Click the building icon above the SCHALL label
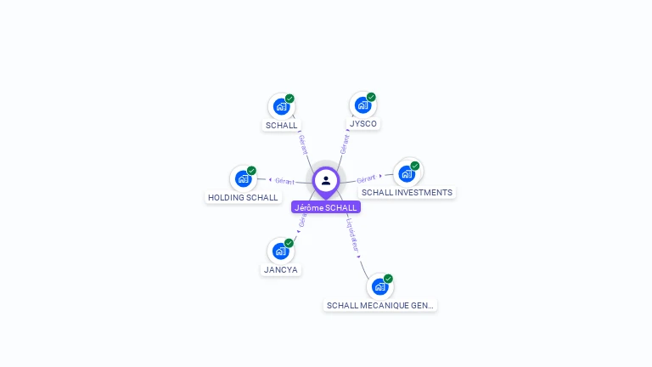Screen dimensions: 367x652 [x=280, y=106]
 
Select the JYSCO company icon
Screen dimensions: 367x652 [x=363, y=105]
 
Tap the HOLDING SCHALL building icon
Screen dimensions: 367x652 [x=243, y=178]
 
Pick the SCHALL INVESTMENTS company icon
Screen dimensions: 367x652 [x=407, y=173]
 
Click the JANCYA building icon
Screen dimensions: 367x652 [x=280, y=251]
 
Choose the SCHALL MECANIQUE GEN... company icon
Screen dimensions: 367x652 [x=379, y=286]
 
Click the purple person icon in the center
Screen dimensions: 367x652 [x=326, y=180]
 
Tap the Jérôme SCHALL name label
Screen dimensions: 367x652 [x=326, y=207]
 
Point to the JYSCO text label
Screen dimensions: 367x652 [x=363, y=124]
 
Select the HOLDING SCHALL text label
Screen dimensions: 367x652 [x=243, y=198]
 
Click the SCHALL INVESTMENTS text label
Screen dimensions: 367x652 [x=407, y=193]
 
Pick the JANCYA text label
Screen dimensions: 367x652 [x=281, y=270]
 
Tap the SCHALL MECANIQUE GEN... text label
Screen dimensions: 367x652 [x=379, y=305]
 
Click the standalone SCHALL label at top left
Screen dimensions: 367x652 [x=282, y=126]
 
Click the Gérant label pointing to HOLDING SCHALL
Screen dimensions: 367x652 [x=284, y=181]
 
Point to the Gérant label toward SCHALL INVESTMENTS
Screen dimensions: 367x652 [x=367, y=178]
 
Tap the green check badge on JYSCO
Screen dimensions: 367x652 [x=371, y=97]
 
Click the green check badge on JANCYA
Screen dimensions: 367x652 [x=289, y=243]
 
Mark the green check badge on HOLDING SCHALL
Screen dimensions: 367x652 [x=251, y=171]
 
